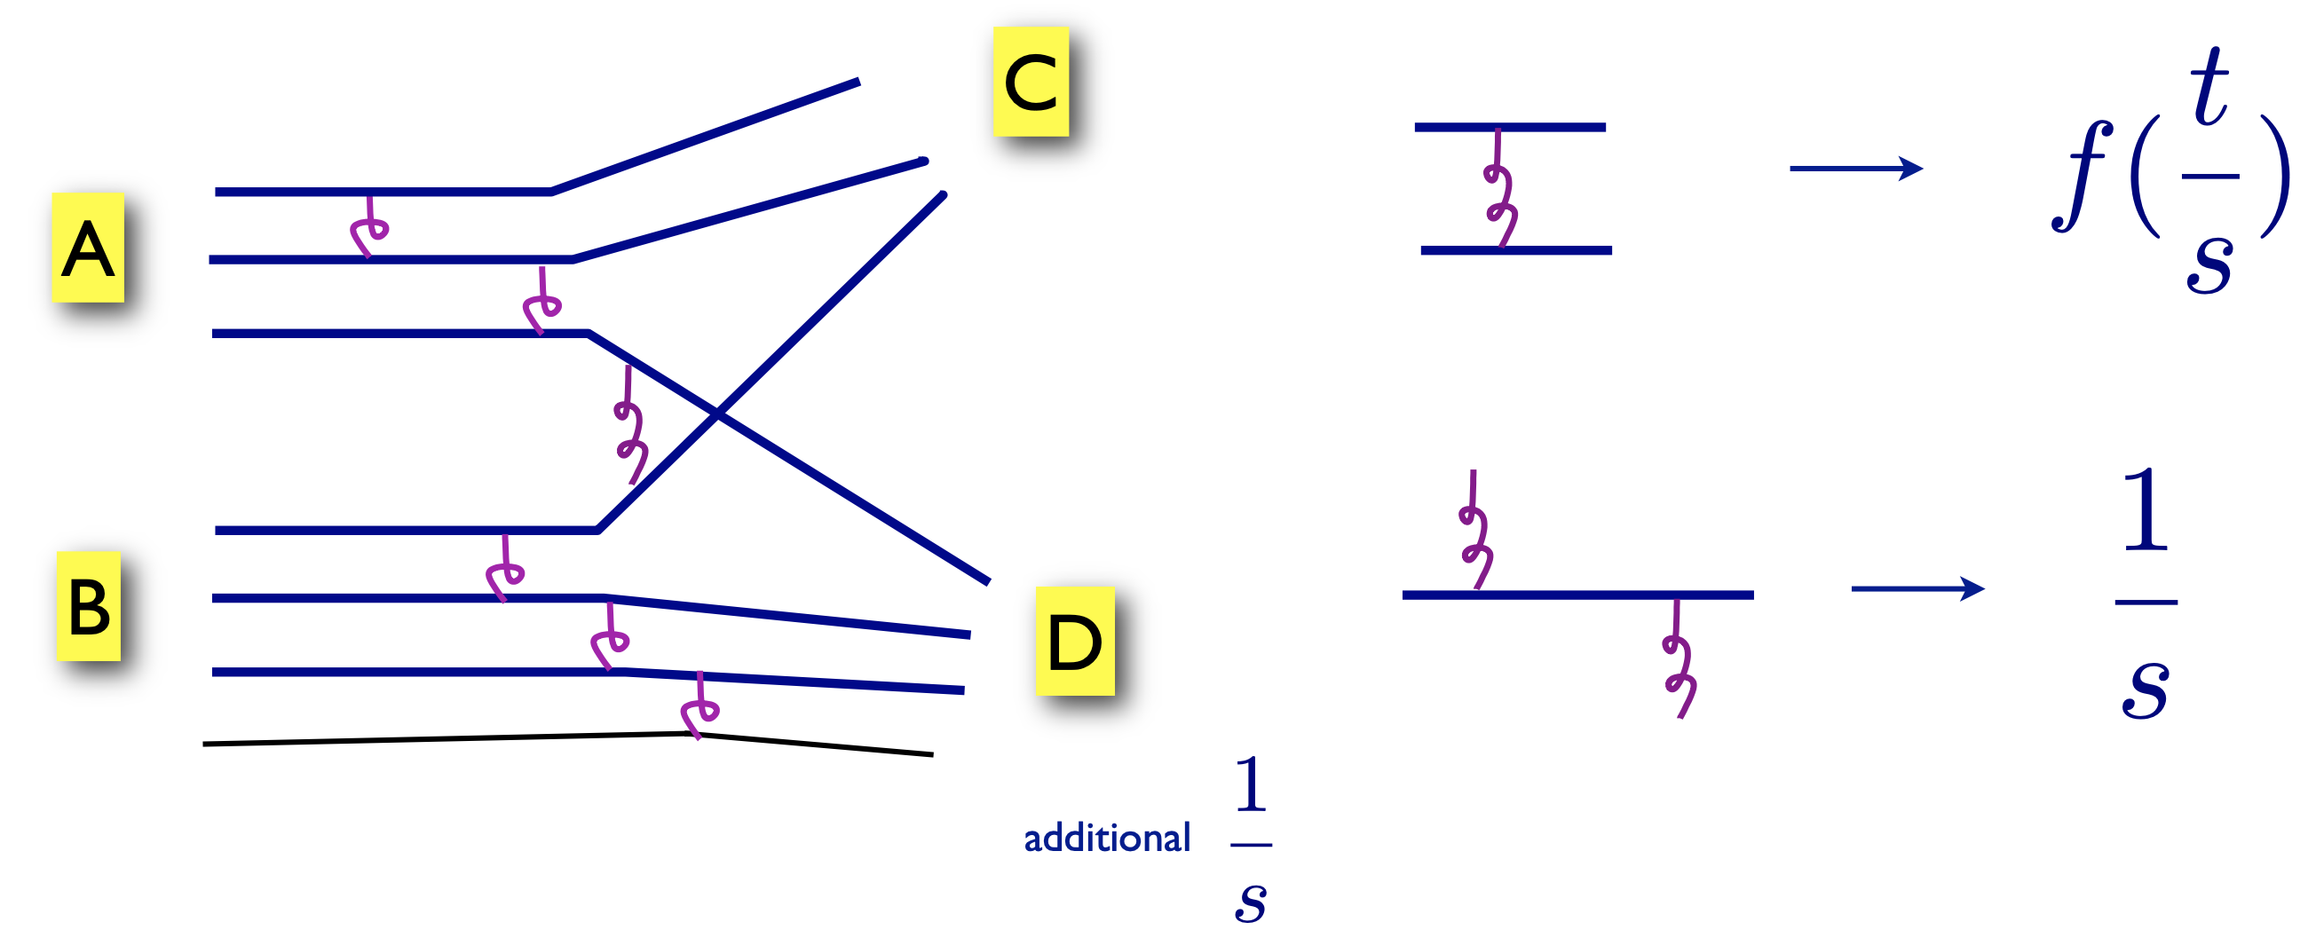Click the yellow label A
88,248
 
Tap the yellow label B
89,607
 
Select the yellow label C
1031,82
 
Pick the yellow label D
1074,642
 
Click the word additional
1107,838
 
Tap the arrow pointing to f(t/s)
1855,168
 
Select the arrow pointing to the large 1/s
1917,588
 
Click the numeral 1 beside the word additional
1250,784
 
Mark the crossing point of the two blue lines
716,414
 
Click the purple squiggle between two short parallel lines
1499,189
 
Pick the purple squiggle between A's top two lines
368,227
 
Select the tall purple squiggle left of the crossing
631,426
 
